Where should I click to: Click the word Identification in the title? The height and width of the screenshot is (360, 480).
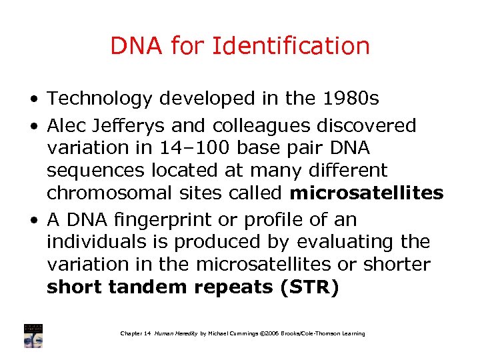(x=291, y=46)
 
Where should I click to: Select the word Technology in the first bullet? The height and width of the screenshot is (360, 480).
(x=100, y=99)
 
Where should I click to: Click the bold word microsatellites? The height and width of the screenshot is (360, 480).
(x=366, y=194)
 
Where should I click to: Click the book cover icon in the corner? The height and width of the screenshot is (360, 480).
(x=33, y=335)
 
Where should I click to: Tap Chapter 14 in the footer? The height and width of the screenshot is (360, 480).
(x=135, y=333)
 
